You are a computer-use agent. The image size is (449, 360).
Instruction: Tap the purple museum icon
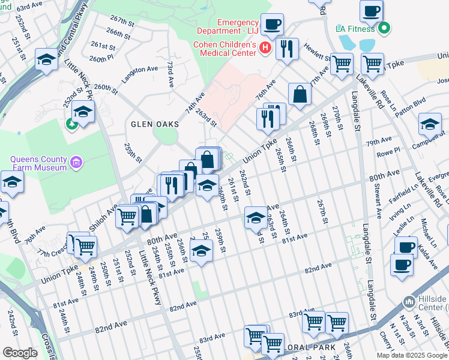(76, 162)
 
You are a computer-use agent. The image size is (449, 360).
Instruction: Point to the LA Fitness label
(355, 28)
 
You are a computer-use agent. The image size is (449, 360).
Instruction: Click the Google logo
(20, 353)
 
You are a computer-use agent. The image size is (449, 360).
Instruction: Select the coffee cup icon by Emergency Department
(273, 24)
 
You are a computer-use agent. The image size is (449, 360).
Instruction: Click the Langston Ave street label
(139, 70)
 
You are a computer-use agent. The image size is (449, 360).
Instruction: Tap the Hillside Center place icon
(409, 300)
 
